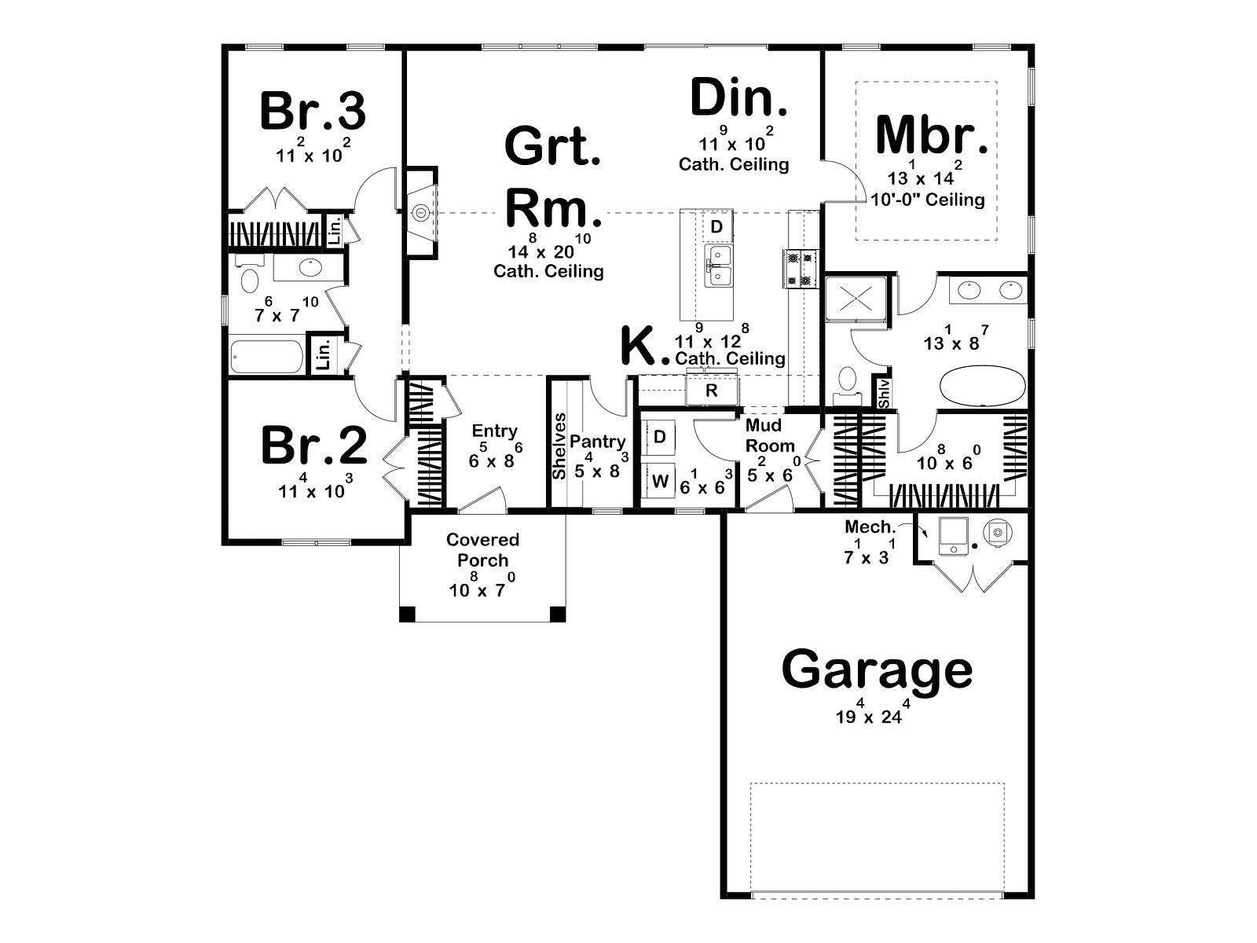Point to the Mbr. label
(x=933, y=135)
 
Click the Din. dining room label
(x=739, y=98)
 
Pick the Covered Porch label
(x=482, y=549)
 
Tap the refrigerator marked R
(x=712, y=391)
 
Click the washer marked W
(x=659, y=482)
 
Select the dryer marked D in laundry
(x=660, y=438)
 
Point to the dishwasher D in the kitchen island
(x=717, y=227)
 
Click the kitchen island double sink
(x=719, y=266)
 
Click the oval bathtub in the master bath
(x=982, y=387)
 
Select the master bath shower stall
(x=856, y=297)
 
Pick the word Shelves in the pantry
(x=559, y=446)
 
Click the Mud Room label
(x=770, y=435)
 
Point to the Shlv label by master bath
(x=885, y=394)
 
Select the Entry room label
(x=495, y=431)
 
